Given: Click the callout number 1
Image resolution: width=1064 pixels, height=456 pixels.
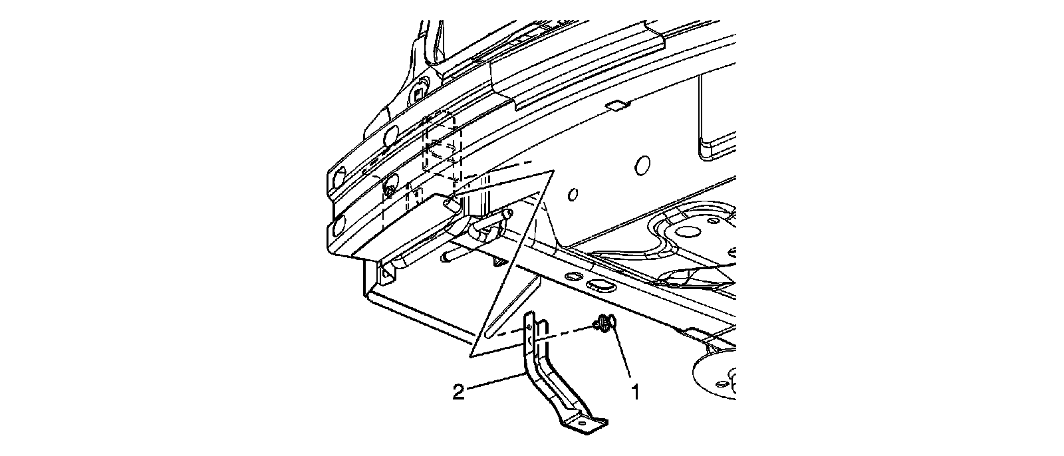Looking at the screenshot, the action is click(635, 393).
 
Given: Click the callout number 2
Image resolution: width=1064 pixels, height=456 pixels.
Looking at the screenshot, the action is click(458, 393).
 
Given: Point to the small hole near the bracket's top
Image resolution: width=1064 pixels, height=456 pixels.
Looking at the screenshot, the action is click(529, 328).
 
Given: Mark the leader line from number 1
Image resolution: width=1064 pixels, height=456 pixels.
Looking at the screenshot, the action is click(622, 352).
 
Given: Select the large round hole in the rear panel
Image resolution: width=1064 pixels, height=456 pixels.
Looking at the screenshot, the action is click(642, 166).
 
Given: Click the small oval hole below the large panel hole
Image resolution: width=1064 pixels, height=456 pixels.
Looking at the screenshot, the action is click(573, 194).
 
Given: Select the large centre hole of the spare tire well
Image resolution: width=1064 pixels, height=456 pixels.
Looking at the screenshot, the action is click(688, 232).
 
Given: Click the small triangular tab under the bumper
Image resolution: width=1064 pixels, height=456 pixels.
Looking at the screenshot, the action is click(500, 261).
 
